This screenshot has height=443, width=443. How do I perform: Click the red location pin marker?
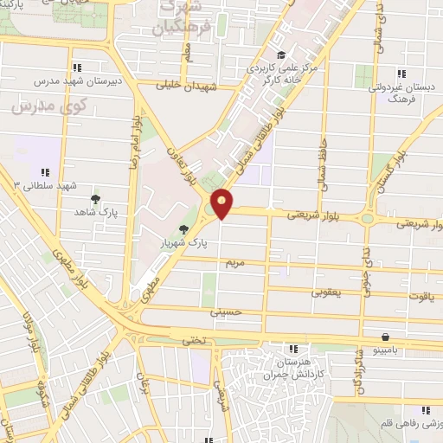222,204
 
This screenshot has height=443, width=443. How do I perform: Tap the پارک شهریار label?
183,243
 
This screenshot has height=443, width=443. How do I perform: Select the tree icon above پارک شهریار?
183,229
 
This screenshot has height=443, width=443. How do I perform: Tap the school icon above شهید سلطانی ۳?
45,171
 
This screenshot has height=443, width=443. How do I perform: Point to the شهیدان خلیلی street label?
185,86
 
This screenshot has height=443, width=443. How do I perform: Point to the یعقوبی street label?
325,293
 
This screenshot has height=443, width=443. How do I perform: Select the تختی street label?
195,341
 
